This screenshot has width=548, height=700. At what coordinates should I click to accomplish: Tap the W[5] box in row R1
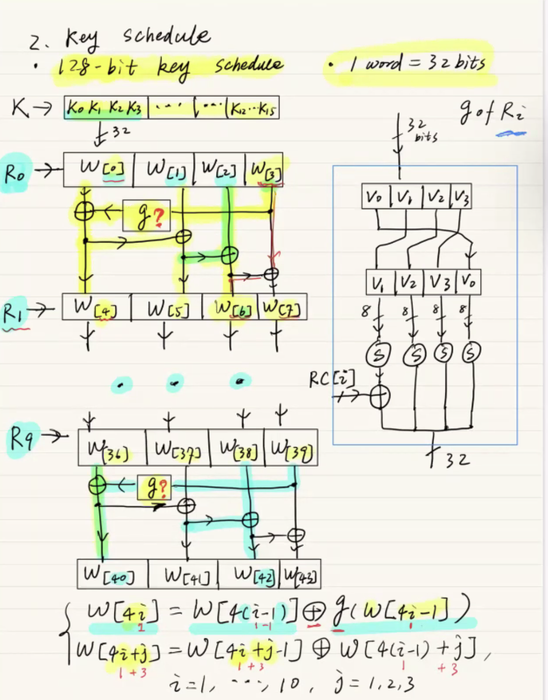pyautogui.click(x=167, y=307)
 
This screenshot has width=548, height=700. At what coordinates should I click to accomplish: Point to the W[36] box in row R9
pyautogui.click(x=112, y=448)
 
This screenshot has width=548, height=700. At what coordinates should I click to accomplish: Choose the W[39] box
pyautogui.click(x=291, y=448)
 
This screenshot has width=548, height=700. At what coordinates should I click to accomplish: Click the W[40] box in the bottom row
pyautogui.click(x=113, y=574)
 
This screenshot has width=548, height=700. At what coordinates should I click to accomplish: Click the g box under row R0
pyautogui.click(x=147, y=216)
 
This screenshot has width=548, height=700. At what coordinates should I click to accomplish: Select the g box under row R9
pyautogui.click(x=155, y=487)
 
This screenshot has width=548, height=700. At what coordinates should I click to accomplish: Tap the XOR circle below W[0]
pyautogui.click(x=85, y=212)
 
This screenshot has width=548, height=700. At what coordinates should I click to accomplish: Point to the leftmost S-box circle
pyautogui.click(x=379, y=354)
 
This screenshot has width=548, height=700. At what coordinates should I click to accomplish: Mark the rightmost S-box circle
pyautogui.click(x=471, y=353)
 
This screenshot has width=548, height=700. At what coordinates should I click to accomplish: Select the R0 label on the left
pyautogui.click(x=15, y=174)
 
